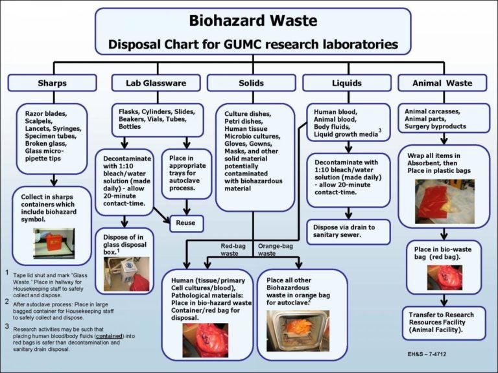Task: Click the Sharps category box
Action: point(52,83)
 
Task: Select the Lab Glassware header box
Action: point(148,83)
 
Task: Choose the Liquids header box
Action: point(347,83)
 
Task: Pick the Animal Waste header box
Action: point(442,83)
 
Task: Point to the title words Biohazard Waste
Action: point(253,21)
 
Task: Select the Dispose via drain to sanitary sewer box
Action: point(348,231)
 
